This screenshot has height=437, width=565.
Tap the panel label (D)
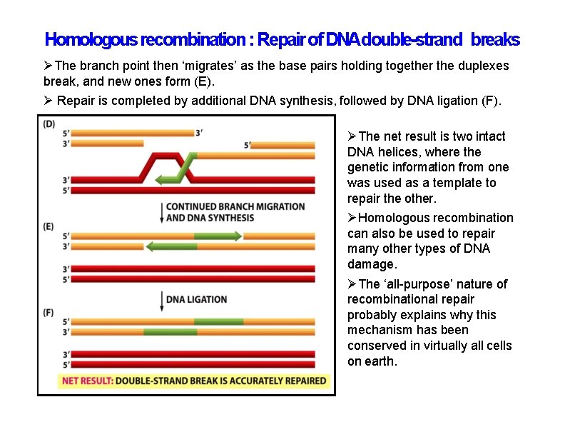[49, 124]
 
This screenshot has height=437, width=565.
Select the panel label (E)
[49, 226]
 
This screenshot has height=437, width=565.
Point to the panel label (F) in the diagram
[49, 312]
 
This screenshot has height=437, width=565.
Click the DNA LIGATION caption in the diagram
[196, 299]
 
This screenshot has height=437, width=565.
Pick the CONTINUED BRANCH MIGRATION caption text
[235, 207]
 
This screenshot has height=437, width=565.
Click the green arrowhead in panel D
[160, 179]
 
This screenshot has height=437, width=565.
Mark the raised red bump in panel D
[158, 156]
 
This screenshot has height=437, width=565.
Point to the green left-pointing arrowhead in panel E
[151, 246]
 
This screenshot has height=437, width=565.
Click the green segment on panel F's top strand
[218, 322]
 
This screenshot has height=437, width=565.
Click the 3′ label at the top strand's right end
[200, 131]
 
